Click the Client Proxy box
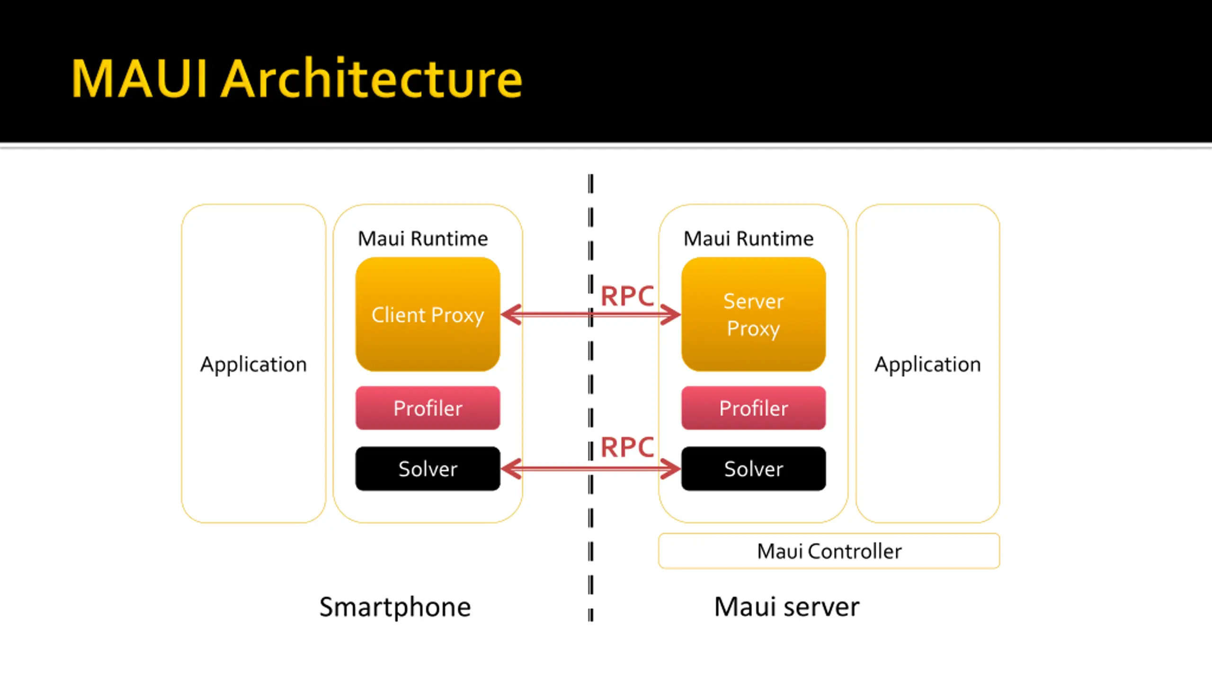coord(428,314)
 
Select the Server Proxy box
coord(753,314)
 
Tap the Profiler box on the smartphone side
coord(428,408)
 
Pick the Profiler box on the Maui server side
coord(753,408)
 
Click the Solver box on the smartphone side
coord(428,468)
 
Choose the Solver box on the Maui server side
coord(753,468)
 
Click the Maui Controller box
coord(829,551)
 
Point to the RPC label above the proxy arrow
coord(627,296)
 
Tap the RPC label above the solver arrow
coord(627,447)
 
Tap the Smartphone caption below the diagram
coord(395,607)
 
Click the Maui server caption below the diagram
coord(786,607)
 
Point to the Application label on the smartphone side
coord(253,365)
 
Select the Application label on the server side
coord(927,365)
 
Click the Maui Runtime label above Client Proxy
coord(423,239)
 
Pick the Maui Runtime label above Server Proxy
coord(749,239)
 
